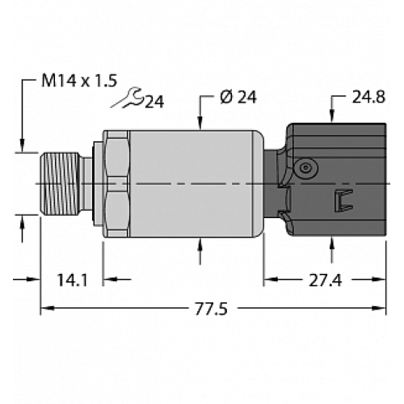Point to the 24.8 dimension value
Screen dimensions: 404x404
368,99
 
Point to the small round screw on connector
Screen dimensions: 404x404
305,166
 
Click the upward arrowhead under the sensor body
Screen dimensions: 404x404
200,246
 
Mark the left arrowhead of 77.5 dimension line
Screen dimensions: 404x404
46,308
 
